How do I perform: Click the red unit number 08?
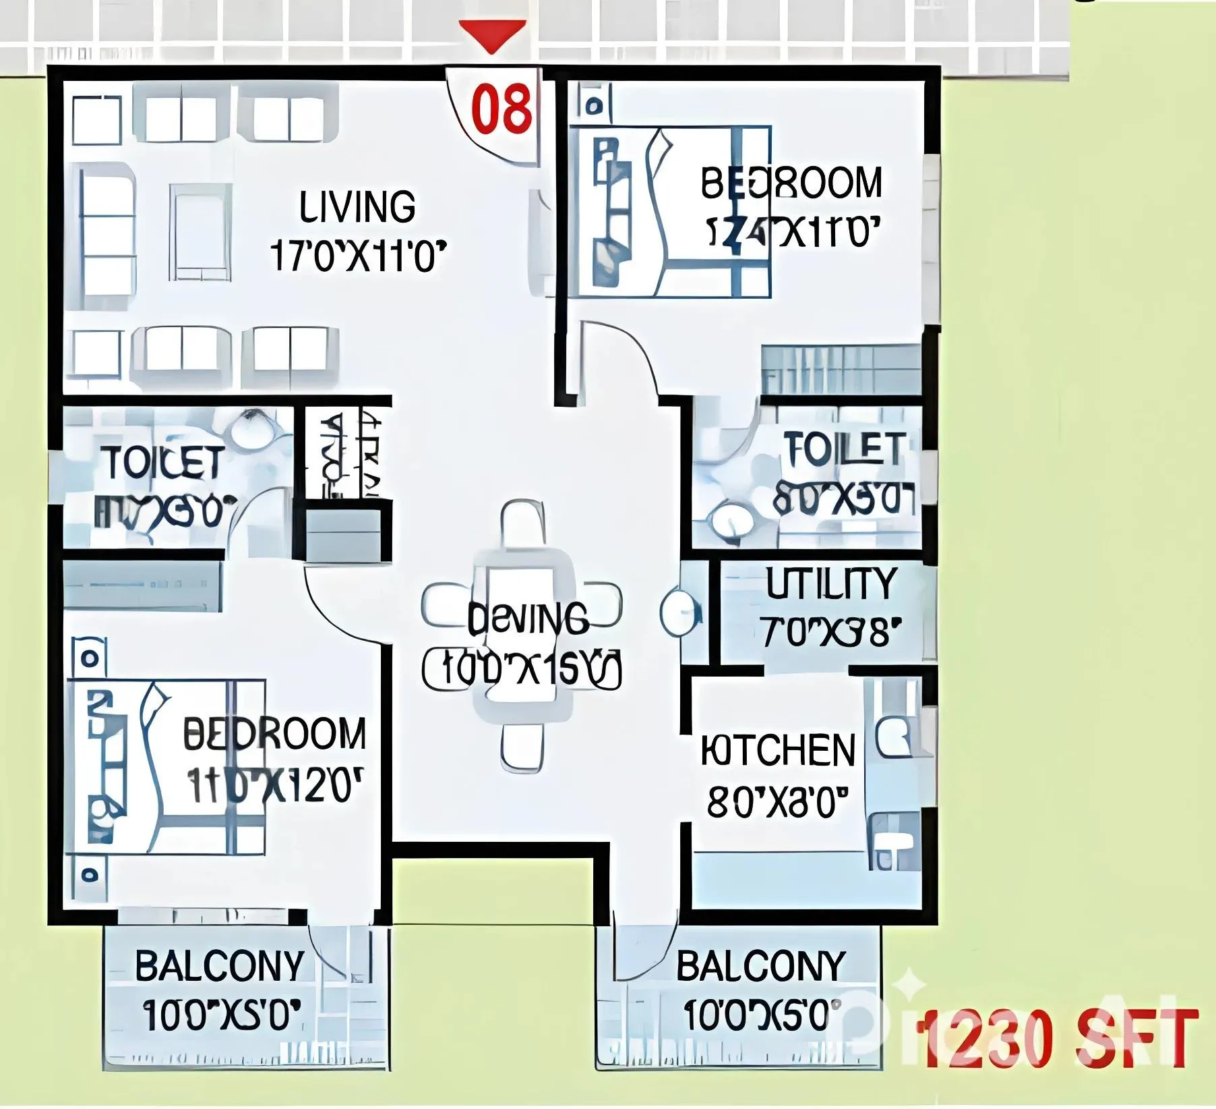501,109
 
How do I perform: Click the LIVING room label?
357,207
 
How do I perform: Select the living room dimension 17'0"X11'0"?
358,256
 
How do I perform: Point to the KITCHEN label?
778,751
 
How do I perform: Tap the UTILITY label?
830,584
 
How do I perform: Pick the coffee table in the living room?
201,233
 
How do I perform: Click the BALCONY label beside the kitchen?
760,966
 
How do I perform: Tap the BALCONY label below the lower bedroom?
220,966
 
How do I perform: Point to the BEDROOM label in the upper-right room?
791,183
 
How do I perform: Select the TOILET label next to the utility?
844,449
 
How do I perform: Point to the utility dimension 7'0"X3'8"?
830,632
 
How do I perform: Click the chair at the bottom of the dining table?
522,747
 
